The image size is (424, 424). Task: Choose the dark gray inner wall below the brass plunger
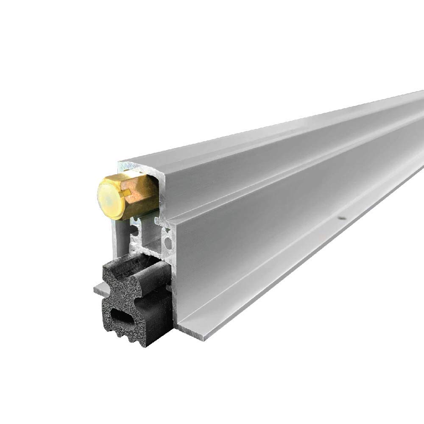[x=121, y=237]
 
